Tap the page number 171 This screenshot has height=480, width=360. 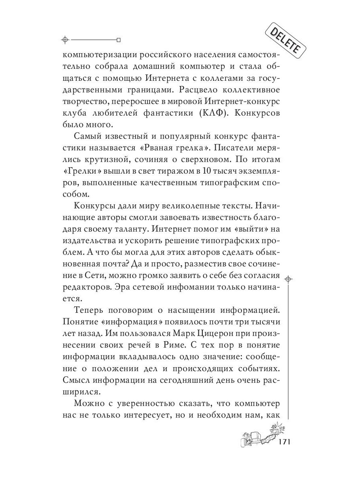coord(281,442)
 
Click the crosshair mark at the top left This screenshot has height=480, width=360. coord(66,40)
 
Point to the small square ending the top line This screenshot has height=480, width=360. coord(118,40)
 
